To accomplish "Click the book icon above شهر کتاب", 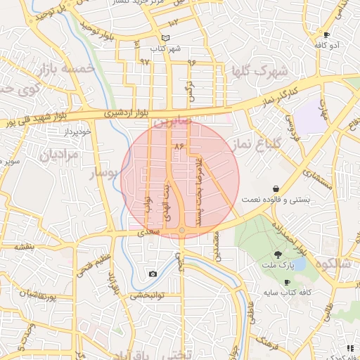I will (x=166, y=39).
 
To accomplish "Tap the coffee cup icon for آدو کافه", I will (x=326, y=34).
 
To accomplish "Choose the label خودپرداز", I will (x=77, y=132).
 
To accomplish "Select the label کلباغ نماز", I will (x=257, y=145).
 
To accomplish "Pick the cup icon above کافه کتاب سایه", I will (x=287, y=282).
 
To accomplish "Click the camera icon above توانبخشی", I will (x=153, y=274).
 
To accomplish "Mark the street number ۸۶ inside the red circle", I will (x=178, y=146).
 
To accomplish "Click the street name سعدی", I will (x=153, y=231).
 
